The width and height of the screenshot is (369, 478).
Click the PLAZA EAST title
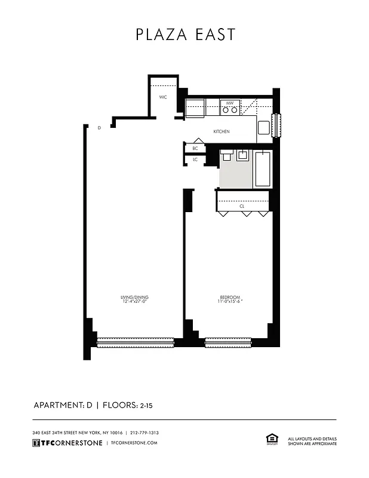[185, 35]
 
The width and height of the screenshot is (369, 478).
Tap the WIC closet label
[162, 97]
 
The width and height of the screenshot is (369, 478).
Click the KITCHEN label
[222, 131]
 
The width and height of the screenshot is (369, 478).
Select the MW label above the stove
[229, 103]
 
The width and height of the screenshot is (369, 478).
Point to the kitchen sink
[263, 126]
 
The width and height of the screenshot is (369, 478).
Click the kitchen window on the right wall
[276, 125]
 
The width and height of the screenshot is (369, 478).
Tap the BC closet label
[195, 149]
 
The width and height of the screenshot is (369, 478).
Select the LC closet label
[195, 160]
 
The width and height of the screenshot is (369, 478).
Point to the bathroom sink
[243, 156]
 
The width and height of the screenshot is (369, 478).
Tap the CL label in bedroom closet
[242, 206]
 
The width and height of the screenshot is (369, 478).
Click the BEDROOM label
[229, 298]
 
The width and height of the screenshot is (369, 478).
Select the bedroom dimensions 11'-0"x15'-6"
[229, 302]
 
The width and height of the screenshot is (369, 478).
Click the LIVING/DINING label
[134, 298]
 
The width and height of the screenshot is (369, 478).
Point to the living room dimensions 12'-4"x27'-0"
[134, 302]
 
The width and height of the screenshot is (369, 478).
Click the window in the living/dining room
[135, 343]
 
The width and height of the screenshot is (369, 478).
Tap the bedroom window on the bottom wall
[229, 343]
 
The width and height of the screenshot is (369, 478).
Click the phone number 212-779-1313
[144, 433]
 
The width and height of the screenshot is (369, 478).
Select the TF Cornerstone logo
[67, 443]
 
